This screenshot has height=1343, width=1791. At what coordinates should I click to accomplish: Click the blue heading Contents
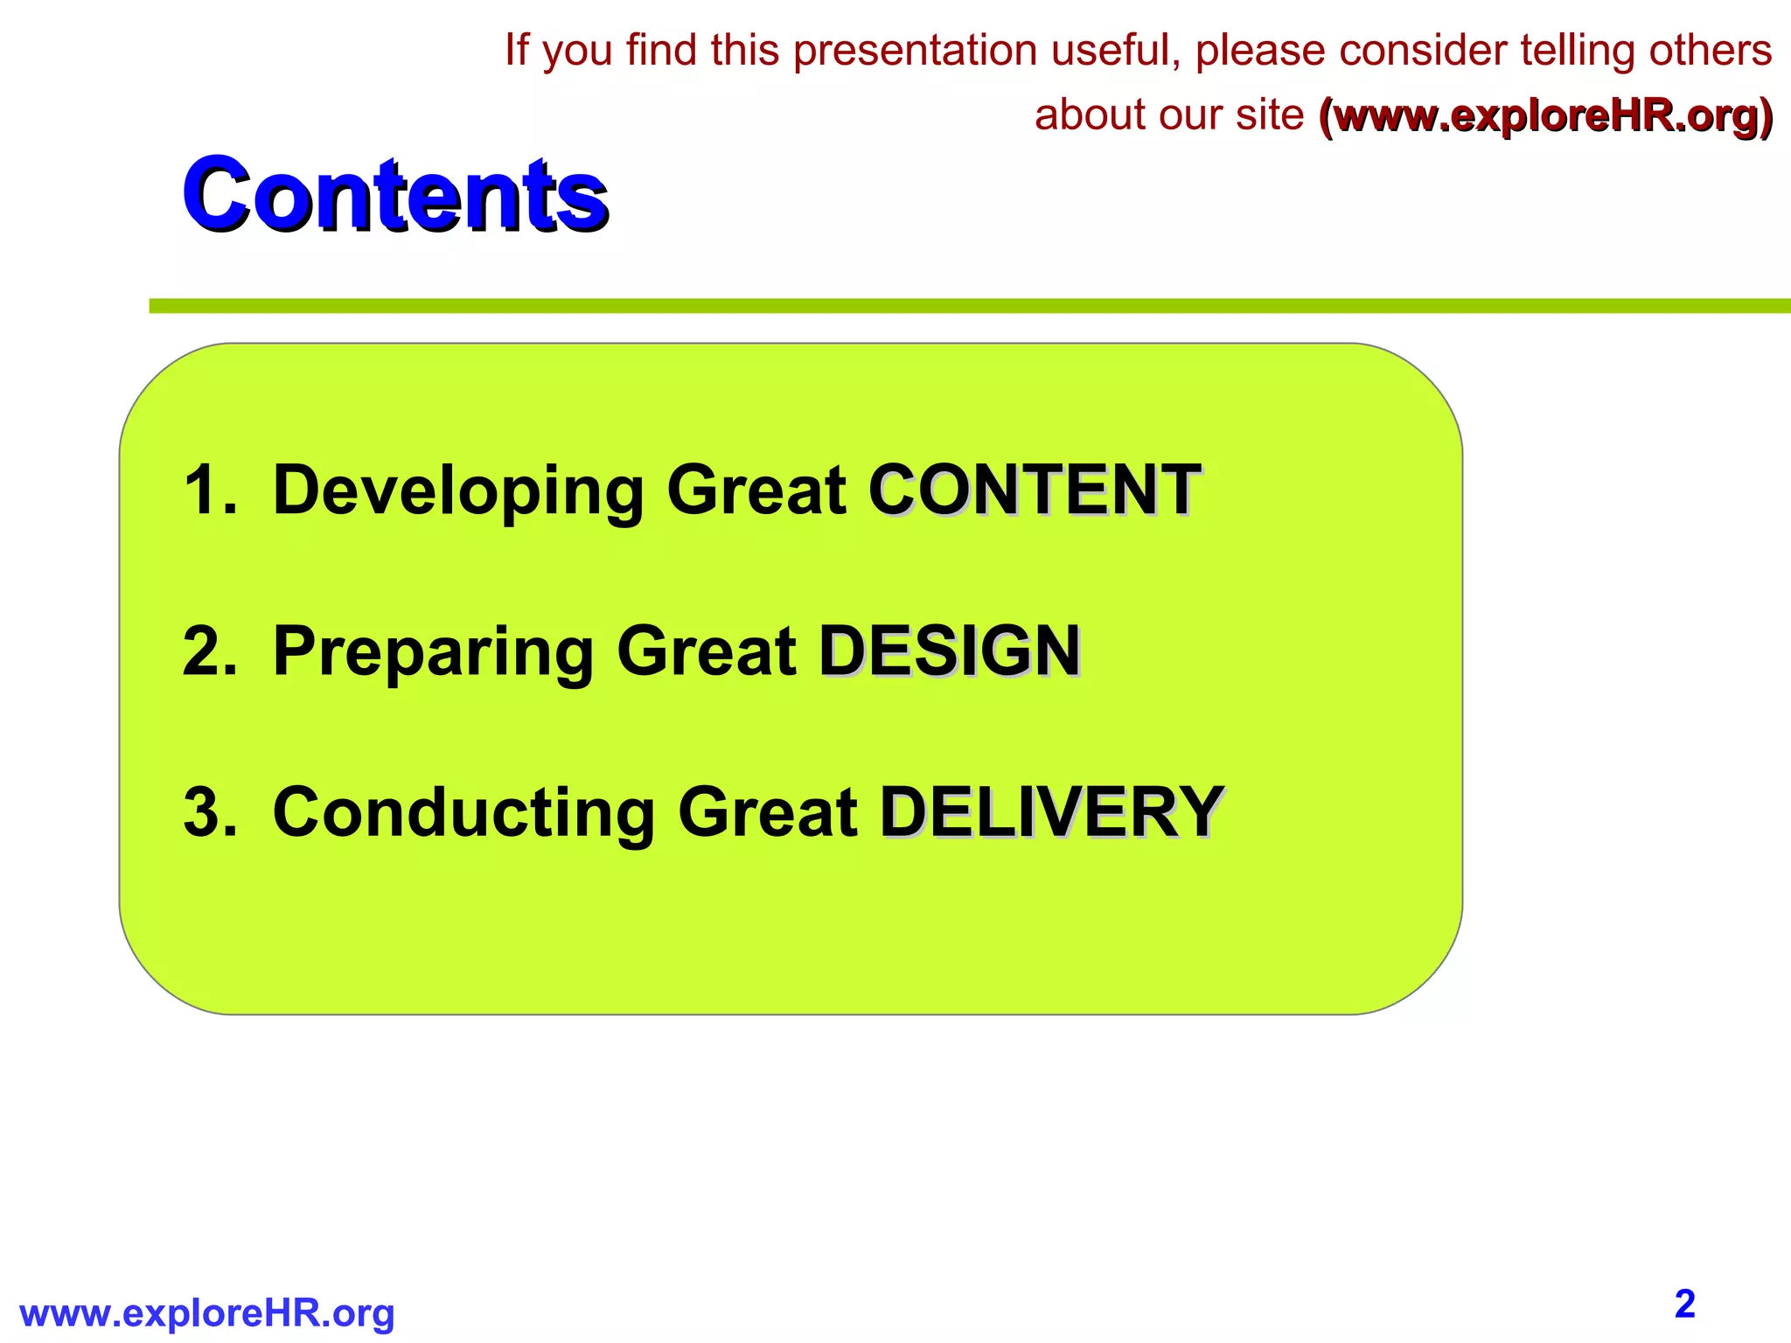[x=394, y=193]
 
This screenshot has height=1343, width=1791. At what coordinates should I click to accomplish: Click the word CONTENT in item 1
[x=1034, y=491]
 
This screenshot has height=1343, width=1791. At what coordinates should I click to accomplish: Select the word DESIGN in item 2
[x=950, y=651]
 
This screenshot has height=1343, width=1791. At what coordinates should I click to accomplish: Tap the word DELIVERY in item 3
[x=1051, y=813]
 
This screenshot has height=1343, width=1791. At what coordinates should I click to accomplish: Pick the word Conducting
[x=463, y=813]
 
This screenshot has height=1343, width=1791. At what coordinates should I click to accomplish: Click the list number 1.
[x=208, y=491]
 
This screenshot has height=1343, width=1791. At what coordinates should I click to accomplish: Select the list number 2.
[x=208, y=651]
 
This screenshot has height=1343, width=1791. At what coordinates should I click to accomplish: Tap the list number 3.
[x=208, y=813]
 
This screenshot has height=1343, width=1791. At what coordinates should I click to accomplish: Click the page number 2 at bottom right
[x=1684, y=1304]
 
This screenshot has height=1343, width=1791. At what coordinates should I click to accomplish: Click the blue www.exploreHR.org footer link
[x=207, y=1313]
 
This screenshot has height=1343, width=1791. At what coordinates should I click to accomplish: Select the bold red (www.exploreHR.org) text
[x=1546, y=116]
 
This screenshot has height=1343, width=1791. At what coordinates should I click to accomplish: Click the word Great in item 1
[x=756, y=491]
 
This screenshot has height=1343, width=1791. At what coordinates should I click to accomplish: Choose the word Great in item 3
[x=767, y=813]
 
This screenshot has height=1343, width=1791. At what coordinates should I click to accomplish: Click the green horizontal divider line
[x=962, y=306]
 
